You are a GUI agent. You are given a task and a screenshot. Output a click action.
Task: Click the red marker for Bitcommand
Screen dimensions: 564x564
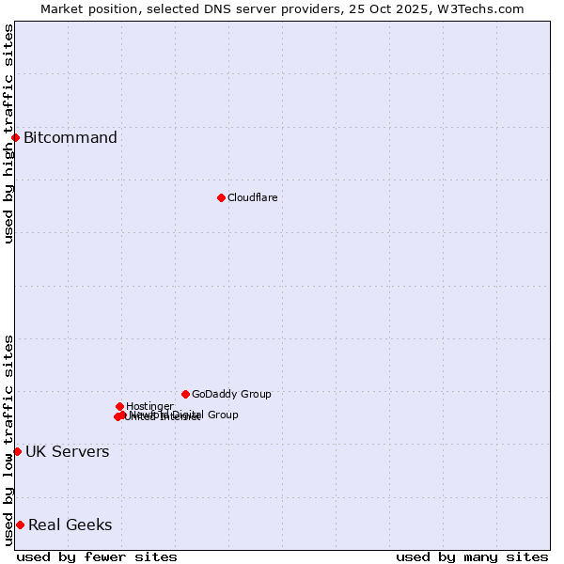(15, 137)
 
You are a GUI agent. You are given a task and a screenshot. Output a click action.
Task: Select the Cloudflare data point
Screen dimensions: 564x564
(221, 197)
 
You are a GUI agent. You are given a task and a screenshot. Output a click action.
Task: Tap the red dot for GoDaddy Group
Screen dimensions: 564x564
(185, 394)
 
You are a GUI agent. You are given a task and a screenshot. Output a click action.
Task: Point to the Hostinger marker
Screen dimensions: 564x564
(119, 406)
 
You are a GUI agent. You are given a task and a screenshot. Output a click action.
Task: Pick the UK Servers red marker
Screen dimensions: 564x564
(17, 451)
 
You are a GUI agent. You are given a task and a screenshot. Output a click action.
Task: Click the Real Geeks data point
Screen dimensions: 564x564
(20, 525)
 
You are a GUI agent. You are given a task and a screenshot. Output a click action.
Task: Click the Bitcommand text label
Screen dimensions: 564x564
(70, 138)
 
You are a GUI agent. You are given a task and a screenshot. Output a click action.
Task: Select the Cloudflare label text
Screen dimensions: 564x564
(252, 197)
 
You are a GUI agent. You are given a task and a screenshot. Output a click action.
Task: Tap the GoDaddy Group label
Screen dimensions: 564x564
(231, 394)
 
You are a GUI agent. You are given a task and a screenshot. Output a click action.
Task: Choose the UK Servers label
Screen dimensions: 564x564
(67, 452)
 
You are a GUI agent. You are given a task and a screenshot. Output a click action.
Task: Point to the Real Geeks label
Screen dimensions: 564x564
(70, 525)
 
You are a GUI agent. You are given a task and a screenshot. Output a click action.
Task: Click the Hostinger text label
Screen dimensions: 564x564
(149, 406)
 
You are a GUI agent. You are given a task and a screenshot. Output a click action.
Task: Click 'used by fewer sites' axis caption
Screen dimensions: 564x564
(97, 556)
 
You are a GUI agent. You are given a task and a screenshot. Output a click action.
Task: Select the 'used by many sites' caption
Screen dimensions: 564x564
(472, 556)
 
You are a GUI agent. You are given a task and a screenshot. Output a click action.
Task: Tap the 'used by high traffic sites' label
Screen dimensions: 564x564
(8, 133)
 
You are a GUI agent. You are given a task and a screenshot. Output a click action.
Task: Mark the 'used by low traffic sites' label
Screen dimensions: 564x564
(8, 440)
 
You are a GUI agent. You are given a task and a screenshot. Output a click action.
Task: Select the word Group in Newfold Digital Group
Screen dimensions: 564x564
(222, 415)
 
